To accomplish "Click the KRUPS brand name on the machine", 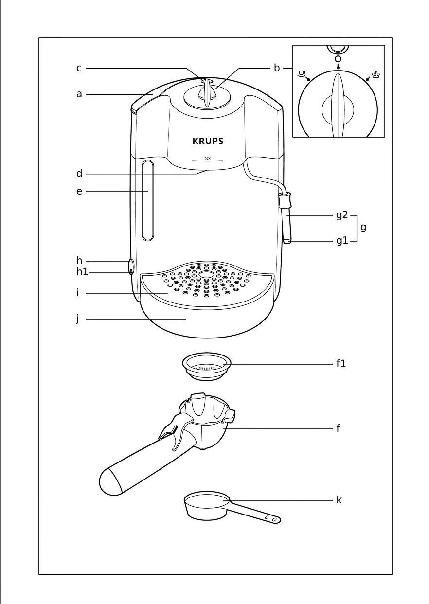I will tap(208, 142).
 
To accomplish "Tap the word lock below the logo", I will tap(207, 158).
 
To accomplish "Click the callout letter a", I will tap(79, 94).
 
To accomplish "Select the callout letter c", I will tap(79, 68).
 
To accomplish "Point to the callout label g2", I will tap(342, 215).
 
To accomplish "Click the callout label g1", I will tap(342, 240).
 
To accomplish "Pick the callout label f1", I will tap(340, 363).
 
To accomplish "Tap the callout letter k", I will tap(339, 500).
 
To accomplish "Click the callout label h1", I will tap(82, 272).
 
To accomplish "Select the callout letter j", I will tap(77, 320).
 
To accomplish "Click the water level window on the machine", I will tap(148, 200).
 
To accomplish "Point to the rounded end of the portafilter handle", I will tap(110, 481).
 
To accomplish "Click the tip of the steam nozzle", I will tap(287, 240).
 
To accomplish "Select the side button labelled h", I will tap(131, 266).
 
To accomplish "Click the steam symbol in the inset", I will tap(375, 75).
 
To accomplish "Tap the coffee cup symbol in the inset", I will tap(302, 75).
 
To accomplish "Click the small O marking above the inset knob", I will tap(338, 59).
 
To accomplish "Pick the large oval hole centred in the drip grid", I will tap(206, 274).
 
